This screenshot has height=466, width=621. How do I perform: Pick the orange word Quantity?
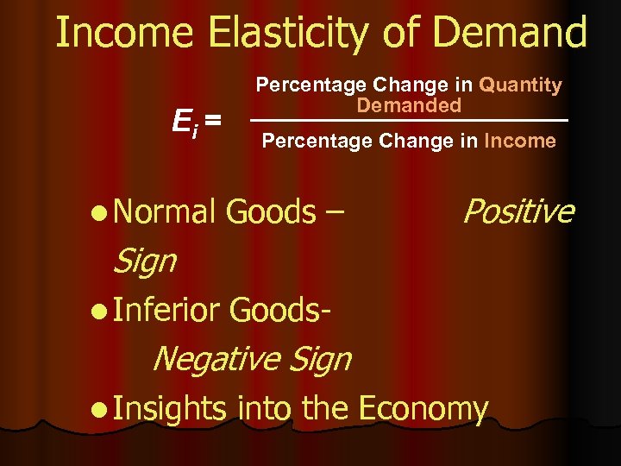coord(520,85)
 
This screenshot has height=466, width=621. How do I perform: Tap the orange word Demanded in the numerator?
coord(410,105)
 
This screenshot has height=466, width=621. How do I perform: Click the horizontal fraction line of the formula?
coord(410,119)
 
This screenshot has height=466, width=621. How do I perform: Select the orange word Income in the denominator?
coord(520,141)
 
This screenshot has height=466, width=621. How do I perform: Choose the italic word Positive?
coord(517,211)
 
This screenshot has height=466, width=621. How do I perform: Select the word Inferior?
coord(167,310)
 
